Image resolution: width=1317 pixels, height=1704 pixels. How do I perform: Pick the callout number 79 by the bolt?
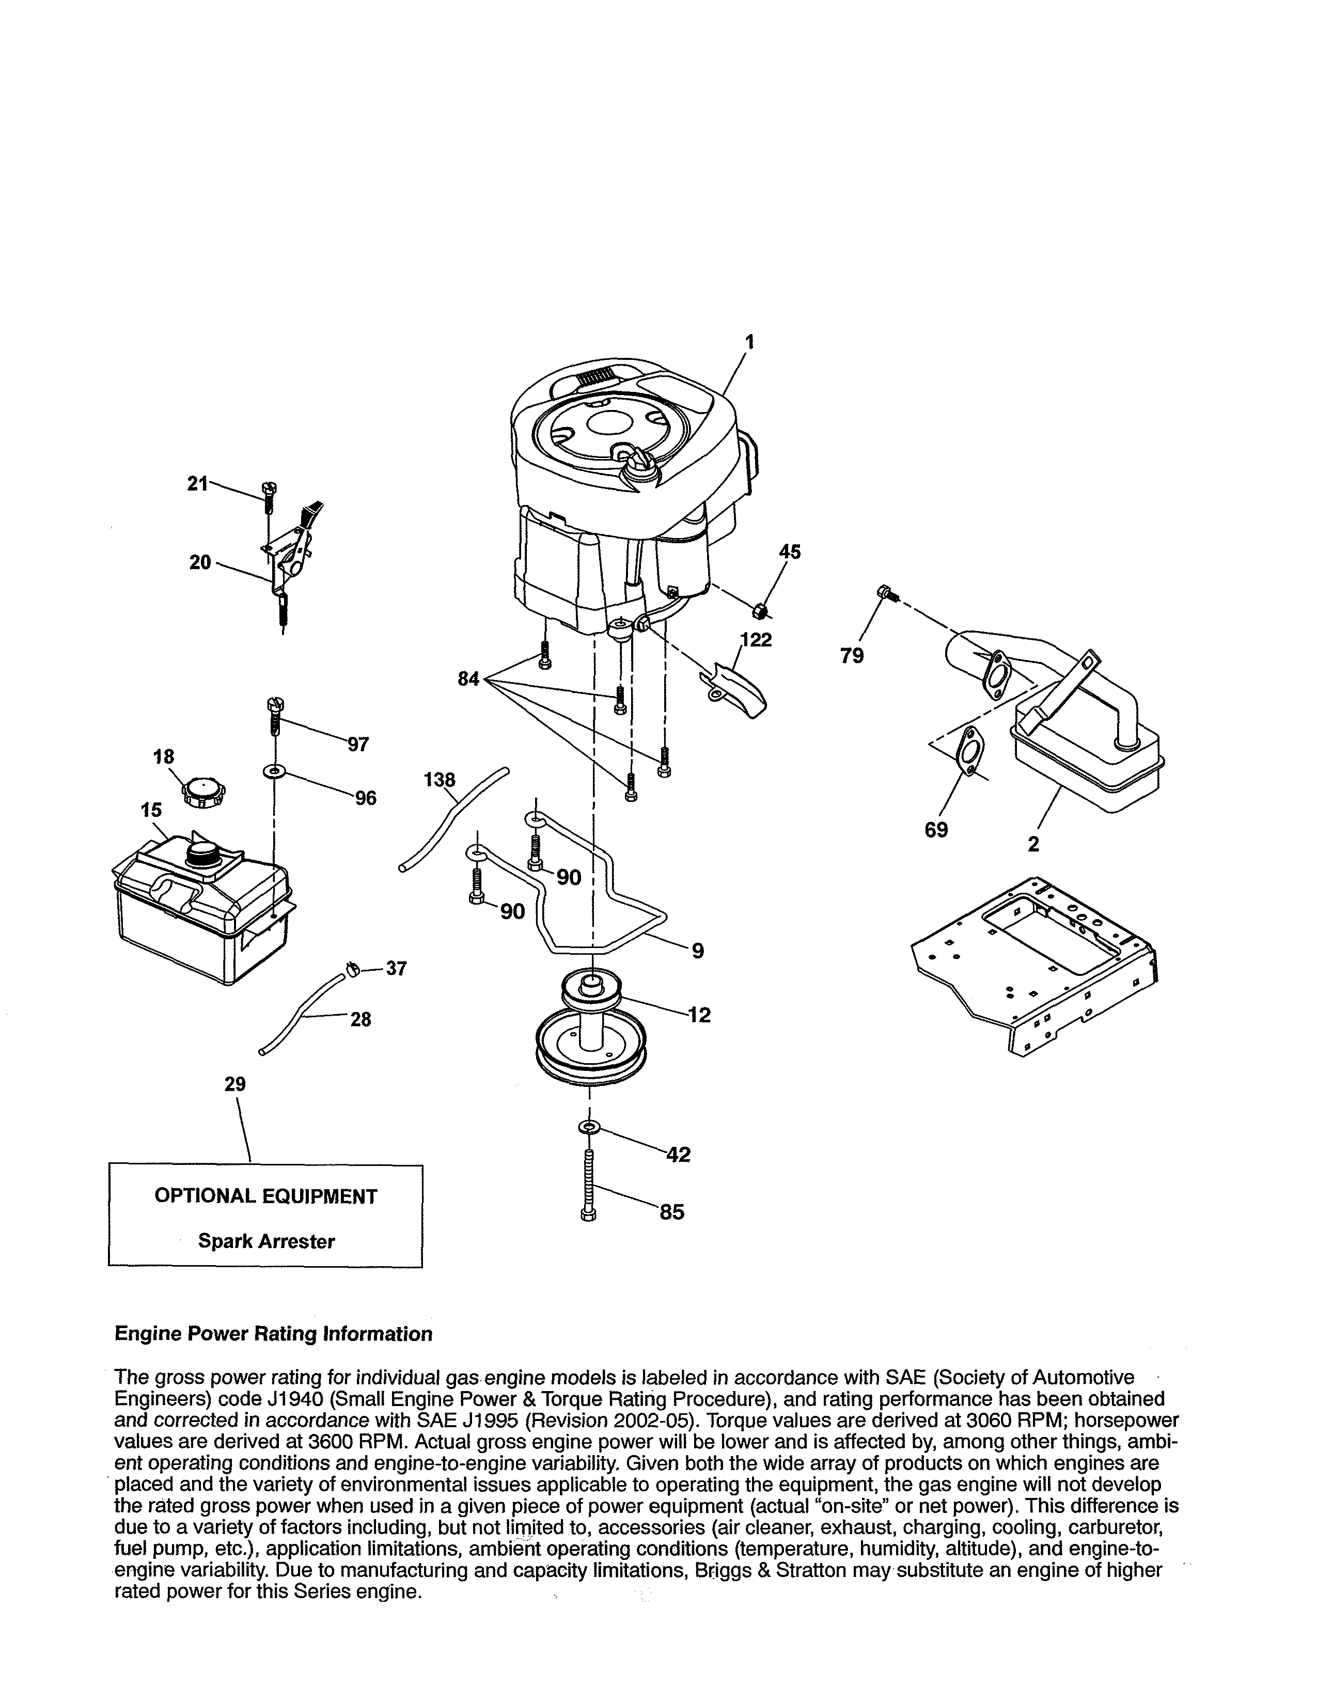tap(852, 656)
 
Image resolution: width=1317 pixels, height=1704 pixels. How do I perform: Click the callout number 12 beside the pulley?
tap(700, 1015)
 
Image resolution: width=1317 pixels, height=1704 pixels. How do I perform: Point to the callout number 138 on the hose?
tap(440, 779)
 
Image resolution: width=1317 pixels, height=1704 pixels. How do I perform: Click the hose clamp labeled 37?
tap(352, 970)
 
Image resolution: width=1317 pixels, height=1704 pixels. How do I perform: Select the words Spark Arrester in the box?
tap(266, 1241)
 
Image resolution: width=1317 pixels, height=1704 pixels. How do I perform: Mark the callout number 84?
tap(468, 680)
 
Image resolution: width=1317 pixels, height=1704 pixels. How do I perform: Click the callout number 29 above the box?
tap(235, 1084)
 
